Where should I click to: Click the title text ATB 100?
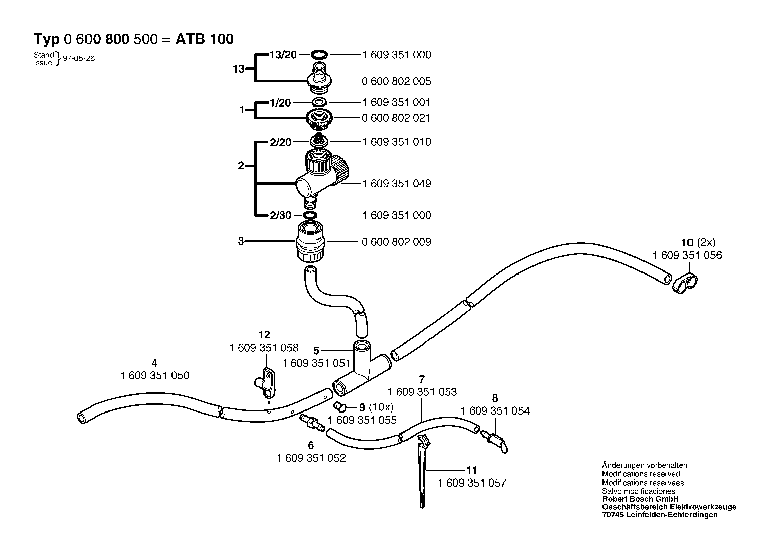tap(205, 39)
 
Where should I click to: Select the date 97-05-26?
tap(78, 59)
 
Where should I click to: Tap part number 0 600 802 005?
tap(396, 81)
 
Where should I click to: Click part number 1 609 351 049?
tap(396, 183)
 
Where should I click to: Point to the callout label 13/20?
tap(283, 55)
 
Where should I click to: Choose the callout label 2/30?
tap(280, 215)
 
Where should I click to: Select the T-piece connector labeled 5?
tap(362, 369)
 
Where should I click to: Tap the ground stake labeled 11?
tap(423, 471)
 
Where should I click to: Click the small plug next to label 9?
tap(340, 407)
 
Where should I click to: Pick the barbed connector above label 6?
tap(312, 423)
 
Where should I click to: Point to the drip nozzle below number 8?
tap(495, 441)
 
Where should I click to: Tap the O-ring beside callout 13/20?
tap(319, 54)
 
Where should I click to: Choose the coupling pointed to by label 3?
tap(310, 242)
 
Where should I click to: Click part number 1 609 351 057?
tap(472, 483)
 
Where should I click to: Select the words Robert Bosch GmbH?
tap(640, 499)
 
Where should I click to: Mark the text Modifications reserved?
tap(641, 474)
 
